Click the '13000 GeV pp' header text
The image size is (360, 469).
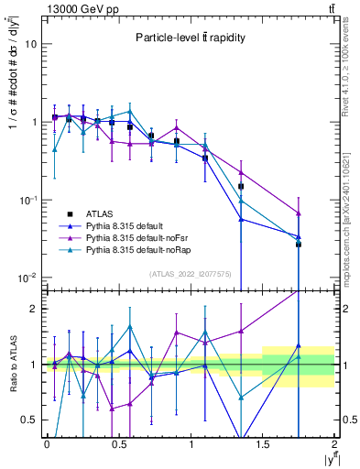point(79,8)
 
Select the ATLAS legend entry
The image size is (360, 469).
point(103,212)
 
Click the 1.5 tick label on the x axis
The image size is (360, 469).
point(262,444)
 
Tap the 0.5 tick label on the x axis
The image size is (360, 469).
point(118,444)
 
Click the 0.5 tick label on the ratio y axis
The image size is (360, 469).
point(29,420)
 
